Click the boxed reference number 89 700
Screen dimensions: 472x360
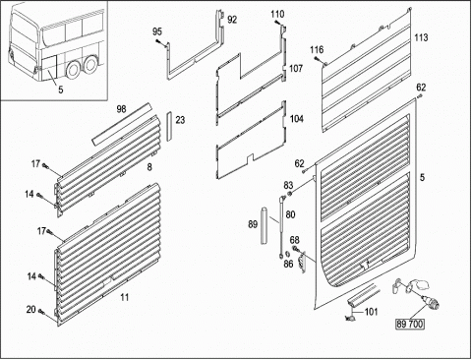pyautogui.click(x=410, y=325)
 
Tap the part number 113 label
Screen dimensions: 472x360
pyautogui.click(x=421, y=37)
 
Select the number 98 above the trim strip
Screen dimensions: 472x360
pyautogui.click(x=121, y=109)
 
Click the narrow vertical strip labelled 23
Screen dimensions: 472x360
pyautogui.click(x=169, y=127)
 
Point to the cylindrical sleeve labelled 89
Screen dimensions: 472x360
pyautogui.click(x=264, y=225)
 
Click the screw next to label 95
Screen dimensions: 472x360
pyautogui.click(x=159, y=42)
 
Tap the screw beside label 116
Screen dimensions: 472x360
pyautogui.click(x=318, y=59)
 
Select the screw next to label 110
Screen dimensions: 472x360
pyautogui.click(x=277, y=23)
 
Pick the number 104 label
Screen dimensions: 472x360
pyautogui.click(x=296, y=119)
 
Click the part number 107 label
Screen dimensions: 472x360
pyautogui.click(x=296, y=69)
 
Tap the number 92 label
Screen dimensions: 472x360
pyautogui.click(x=232, y=20)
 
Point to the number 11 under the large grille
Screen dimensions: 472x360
pyautogui.click(x=124, y=298)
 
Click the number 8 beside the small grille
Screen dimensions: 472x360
pyautogui.click(x=149, y=167)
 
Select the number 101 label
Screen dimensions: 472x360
pyautogui.click(x=371, y=312)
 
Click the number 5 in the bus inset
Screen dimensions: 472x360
pyautogui.click(x=61, y=90)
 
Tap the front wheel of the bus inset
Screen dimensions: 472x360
pyautogui.click(x=73, y=68)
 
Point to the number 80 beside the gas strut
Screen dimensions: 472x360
pyautogui.click(x=290, y=214)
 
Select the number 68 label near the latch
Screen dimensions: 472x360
pyautogui.click(x=294, y=241)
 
